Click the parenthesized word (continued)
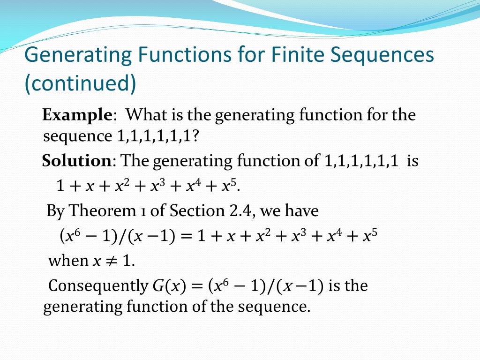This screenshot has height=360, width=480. point(80,83)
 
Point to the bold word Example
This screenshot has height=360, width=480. point(77,115)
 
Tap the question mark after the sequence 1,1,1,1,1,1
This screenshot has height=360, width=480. point(196,136)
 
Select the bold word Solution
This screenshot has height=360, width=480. point(76,161)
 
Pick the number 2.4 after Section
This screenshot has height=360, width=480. point(238,211)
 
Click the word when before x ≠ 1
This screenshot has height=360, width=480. point(68,261)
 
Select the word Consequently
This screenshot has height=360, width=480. point(98,285)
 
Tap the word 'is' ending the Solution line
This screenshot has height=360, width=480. point(412,161)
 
